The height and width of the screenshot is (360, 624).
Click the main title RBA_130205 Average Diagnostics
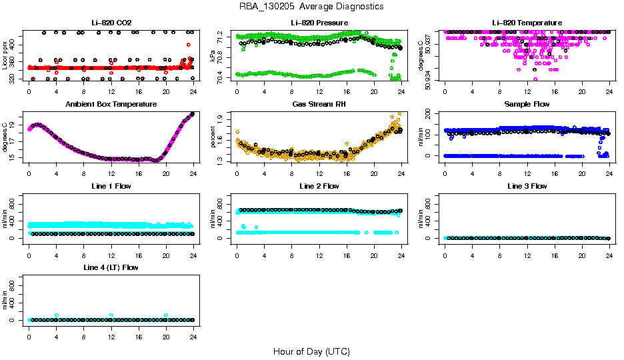click(x=311, y=6)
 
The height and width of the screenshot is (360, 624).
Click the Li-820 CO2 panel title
click(x=111, y=23)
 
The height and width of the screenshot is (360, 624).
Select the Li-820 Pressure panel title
click(x=319, y=23)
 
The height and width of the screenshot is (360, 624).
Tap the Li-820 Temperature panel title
click(x=527, y=23)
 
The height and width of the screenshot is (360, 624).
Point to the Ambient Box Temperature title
click(x=111, y=105)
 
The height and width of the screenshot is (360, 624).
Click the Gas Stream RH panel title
click(x=319, y=105)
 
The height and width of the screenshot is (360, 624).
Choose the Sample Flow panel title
click(x=527, y=105)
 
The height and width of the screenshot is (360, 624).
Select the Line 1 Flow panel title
click(x=111, y=186)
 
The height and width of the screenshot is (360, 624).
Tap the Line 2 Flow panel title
click(x=319, y=186)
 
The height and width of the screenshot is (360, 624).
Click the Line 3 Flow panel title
click(x=527, y=186)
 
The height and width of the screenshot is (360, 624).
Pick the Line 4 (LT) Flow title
click(x=111, y=267)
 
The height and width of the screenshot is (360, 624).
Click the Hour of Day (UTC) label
click(x=311, y=351)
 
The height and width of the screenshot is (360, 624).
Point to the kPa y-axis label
click(x=213, y=57)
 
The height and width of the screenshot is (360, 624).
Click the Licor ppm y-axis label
click(x=5, y=57)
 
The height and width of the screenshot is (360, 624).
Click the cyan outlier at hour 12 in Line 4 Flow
click(x=111, y=315)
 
